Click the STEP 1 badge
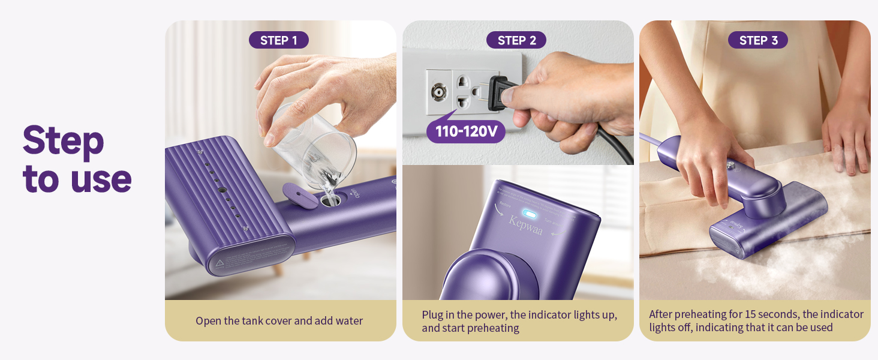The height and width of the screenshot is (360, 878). [x=278, y=40]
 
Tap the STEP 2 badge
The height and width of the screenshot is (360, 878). [x=516, y=40]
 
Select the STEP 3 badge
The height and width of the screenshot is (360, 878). [x=758, y=40]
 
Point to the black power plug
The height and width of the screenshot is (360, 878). [x=497, y=94]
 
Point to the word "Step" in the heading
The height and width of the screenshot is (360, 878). [x=63, y=141]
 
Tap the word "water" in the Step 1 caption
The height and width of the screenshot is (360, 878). [x=349, y=321]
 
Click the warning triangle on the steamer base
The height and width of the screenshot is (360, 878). [x=221, y=262]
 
